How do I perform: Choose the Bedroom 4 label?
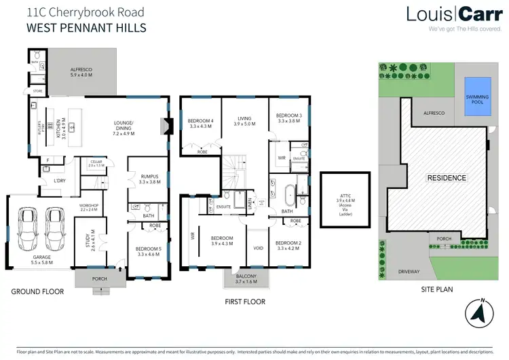(x=200, y=123)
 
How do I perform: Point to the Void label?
(x=258, y=249)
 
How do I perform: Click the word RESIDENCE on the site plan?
(x=447, y=178)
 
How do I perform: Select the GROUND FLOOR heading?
(x=37, y=291)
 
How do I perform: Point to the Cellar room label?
(x=95, y=163)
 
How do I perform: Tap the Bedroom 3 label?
(x=288, y=119)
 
